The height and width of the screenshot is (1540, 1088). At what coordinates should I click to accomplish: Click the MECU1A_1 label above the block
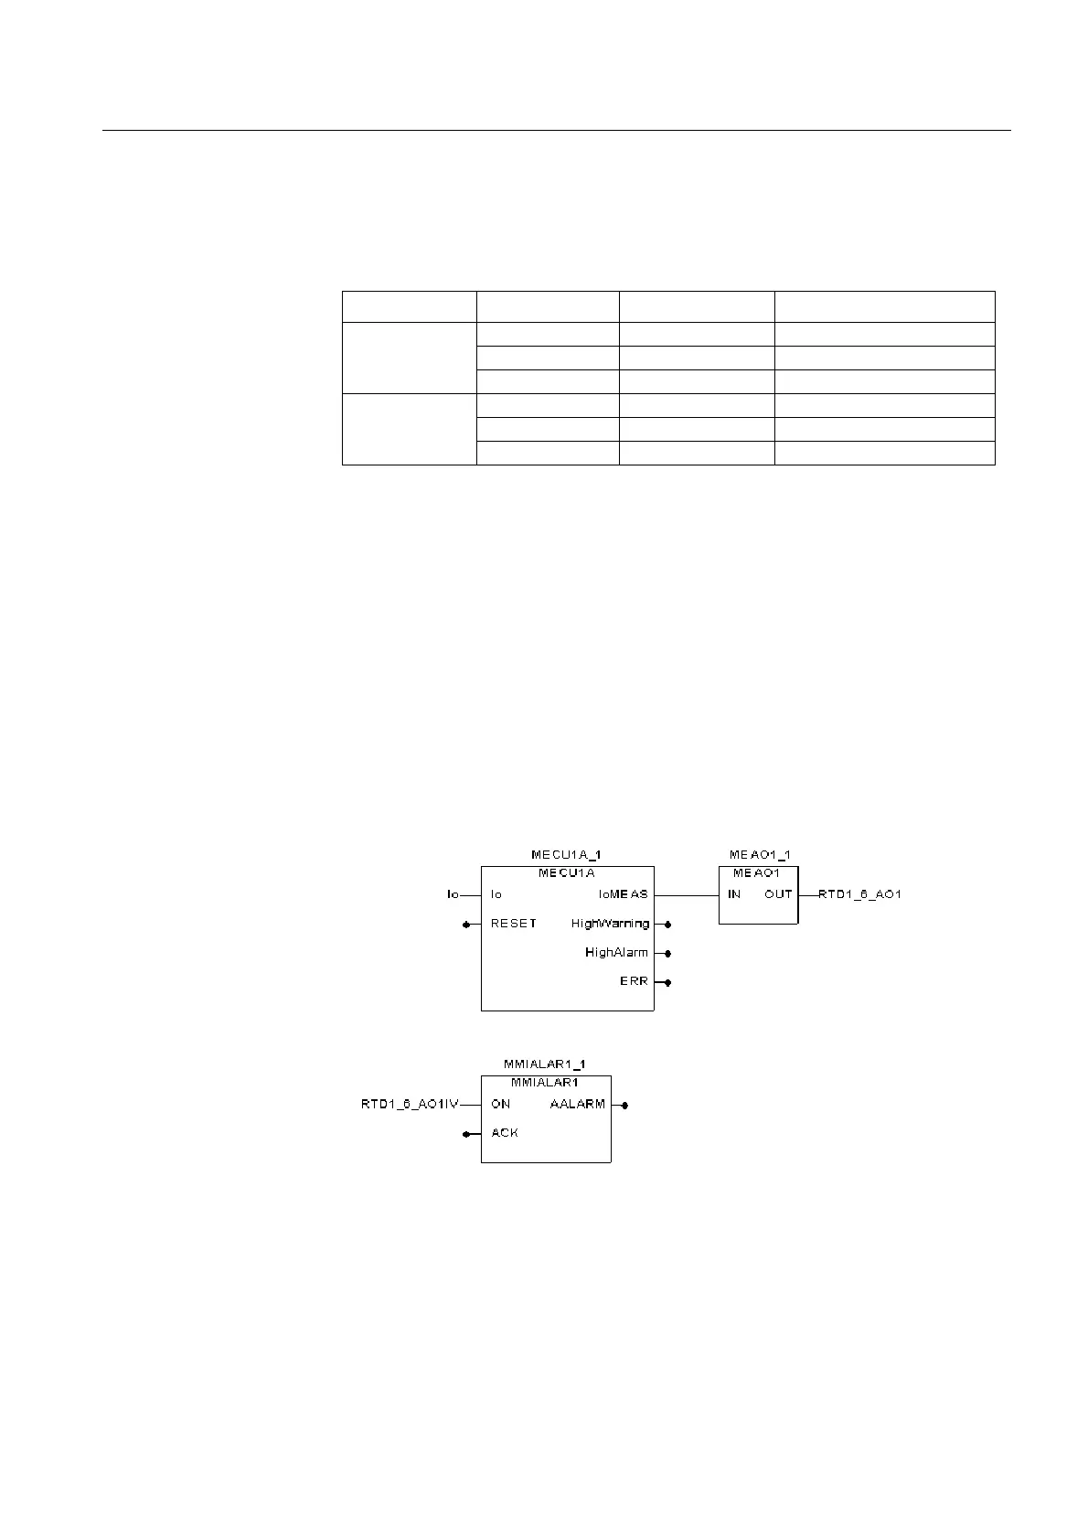point(566,855)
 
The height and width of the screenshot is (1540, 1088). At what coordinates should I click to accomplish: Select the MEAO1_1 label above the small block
point(759,855)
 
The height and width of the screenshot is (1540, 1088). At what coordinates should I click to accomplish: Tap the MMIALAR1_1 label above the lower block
point(545,1064)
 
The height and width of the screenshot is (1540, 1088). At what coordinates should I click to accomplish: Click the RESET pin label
point(513,924)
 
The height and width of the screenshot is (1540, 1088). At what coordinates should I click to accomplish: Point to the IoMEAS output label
point(623,894)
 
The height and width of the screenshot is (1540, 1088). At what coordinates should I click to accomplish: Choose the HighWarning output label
point(610,924)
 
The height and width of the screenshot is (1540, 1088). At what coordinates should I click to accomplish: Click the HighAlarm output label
point(616,953)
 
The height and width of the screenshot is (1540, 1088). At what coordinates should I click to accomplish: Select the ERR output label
point(634,981)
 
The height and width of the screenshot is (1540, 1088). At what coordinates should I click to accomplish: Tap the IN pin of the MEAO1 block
point(734,894)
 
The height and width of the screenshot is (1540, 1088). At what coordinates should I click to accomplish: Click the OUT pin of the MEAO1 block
point(778,894)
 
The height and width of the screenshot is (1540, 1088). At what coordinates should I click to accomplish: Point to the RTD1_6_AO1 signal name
point(859,894)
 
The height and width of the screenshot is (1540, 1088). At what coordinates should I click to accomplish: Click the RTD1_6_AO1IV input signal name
point(410,1105)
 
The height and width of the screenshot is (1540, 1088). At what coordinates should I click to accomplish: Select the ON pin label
point(501,1105)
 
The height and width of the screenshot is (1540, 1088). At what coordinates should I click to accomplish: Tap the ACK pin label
point(504,1133)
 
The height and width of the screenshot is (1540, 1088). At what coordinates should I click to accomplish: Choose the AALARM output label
point(577,1105)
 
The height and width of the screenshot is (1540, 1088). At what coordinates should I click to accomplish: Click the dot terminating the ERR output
point(668,982)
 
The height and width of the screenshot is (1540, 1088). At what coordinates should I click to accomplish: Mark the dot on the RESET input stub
point(466,924)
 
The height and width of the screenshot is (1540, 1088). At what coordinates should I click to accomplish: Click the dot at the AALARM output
point(624,1105)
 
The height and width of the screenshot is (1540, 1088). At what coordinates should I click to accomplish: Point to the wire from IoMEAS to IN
point(686,894)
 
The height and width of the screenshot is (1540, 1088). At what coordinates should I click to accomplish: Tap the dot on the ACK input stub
point(466,1134)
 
